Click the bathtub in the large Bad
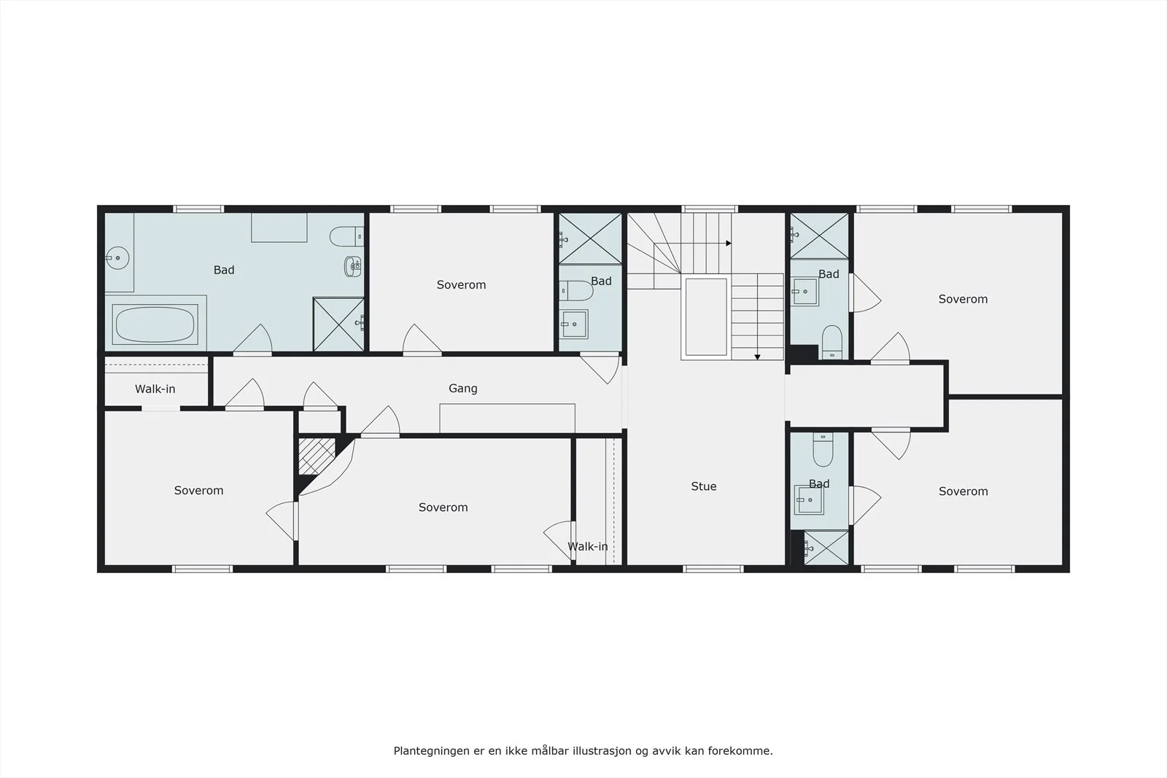point(155,324)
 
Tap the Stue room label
point(704,486)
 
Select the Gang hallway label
point(463,389)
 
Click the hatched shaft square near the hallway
point(317,456)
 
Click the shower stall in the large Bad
point(338,324)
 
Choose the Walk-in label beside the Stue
point(588,546)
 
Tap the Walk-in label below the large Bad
point(155,389)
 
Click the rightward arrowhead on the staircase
point(729,244)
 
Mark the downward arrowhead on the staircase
point(758,357)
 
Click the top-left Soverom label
point(461,285)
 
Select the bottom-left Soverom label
point(198,491)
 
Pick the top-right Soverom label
point(963,299)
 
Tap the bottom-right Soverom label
point(964,491)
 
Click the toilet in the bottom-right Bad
point(823,449)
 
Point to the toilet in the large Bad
point(346,236)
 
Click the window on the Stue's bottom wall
point(713,569)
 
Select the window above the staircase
point(710,209)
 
